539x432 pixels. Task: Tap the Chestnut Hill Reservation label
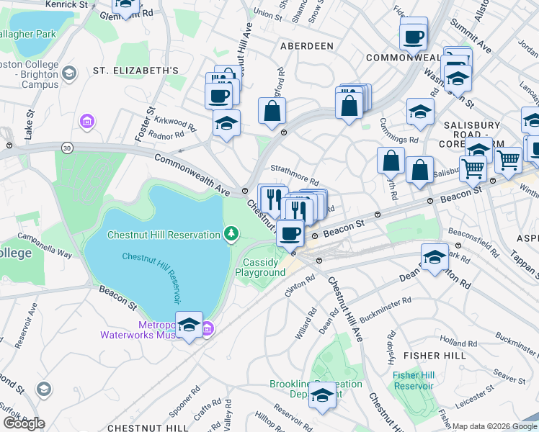(x=164, y=235)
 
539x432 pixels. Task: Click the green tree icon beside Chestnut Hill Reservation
(x=231, y=233)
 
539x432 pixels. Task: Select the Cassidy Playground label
(x=261, y=267)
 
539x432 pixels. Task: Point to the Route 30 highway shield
(x=67, y=147)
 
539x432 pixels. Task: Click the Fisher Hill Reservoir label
(x=413, y=380)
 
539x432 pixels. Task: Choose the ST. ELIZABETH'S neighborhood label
(x=135, y=71)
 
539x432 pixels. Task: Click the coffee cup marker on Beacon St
(x=290, y=233)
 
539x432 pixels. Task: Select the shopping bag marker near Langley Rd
(x=272, y=112)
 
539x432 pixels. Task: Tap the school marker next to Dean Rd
(x=435, y=257)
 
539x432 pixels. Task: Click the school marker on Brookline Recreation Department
(x=323, y=395)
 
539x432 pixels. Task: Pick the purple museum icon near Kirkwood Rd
(x=88, y=122)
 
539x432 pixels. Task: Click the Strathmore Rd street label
(x=294, y=178)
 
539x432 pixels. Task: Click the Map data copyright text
(x=494, y=426)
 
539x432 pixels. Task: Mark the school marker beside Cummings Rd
(x=420, y=112)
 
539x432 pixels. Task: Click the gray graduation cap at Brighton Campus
(x=69, y=73)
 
